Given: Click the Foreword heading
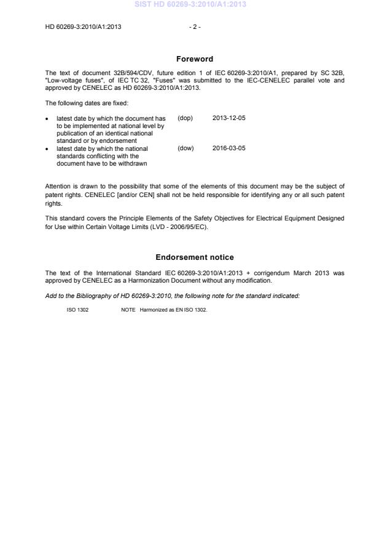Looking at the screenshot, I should coord(194,59).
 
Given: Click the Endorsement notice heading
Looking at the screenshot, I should coord(194,257).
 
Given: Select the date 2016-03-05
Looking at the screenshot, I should coord(229,148).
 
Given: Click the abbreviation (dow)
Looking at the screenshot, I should coord(185,148).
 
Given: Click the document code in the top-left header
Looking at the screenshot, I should coord(83,26).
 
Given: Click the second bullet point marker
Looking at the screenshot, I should coord(48,149).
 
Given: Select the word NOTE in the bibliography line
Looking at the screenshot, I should coord(128,310).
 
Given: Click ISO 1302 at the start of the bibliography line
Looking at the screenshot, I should coord(77,310).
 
